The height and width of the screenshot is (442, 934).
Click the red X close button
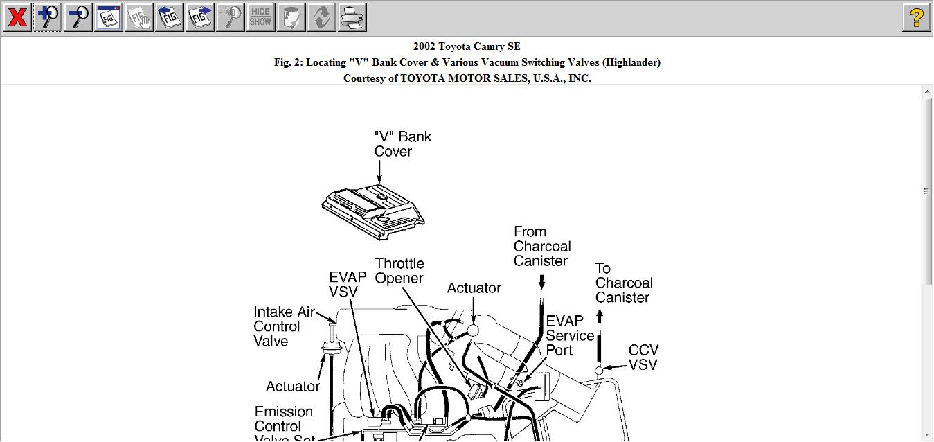[17, 17]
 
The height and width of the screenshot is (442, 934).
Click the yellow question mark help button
[916, 17]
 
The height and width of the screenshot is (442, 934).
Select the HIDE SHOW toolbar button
[260, 17]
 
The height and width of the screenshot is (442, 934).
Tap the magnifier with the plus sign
[48, 17]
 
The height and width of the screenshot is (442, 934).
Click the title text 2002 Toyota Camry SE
[467, 46]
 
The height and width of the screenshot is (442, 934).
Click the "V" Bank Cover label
[402, 144]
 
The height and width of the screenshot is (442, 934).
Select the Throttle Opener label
[399, 271]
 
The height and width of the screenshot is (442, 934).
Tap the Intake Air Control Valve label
[284, 326]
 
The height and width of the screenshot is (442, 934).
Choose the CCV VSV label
[643, 357]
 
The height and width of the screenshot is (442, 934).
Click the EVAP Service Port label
[570, 335]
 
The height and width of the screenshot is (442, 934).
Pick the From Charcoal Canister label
[542, 246]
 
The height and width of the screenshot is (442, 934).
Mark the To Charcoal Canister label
[623, 283]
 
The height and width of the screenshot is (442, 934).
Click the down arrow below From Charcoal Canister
[541, 282]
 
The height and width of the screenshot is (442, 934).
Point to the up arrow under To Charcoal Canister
[600, 316]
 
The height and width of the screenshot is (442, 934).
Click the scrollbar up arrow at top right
[927, 91]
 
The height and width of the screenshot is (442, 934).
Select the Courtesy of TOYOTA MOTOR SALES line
[467, 78]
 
